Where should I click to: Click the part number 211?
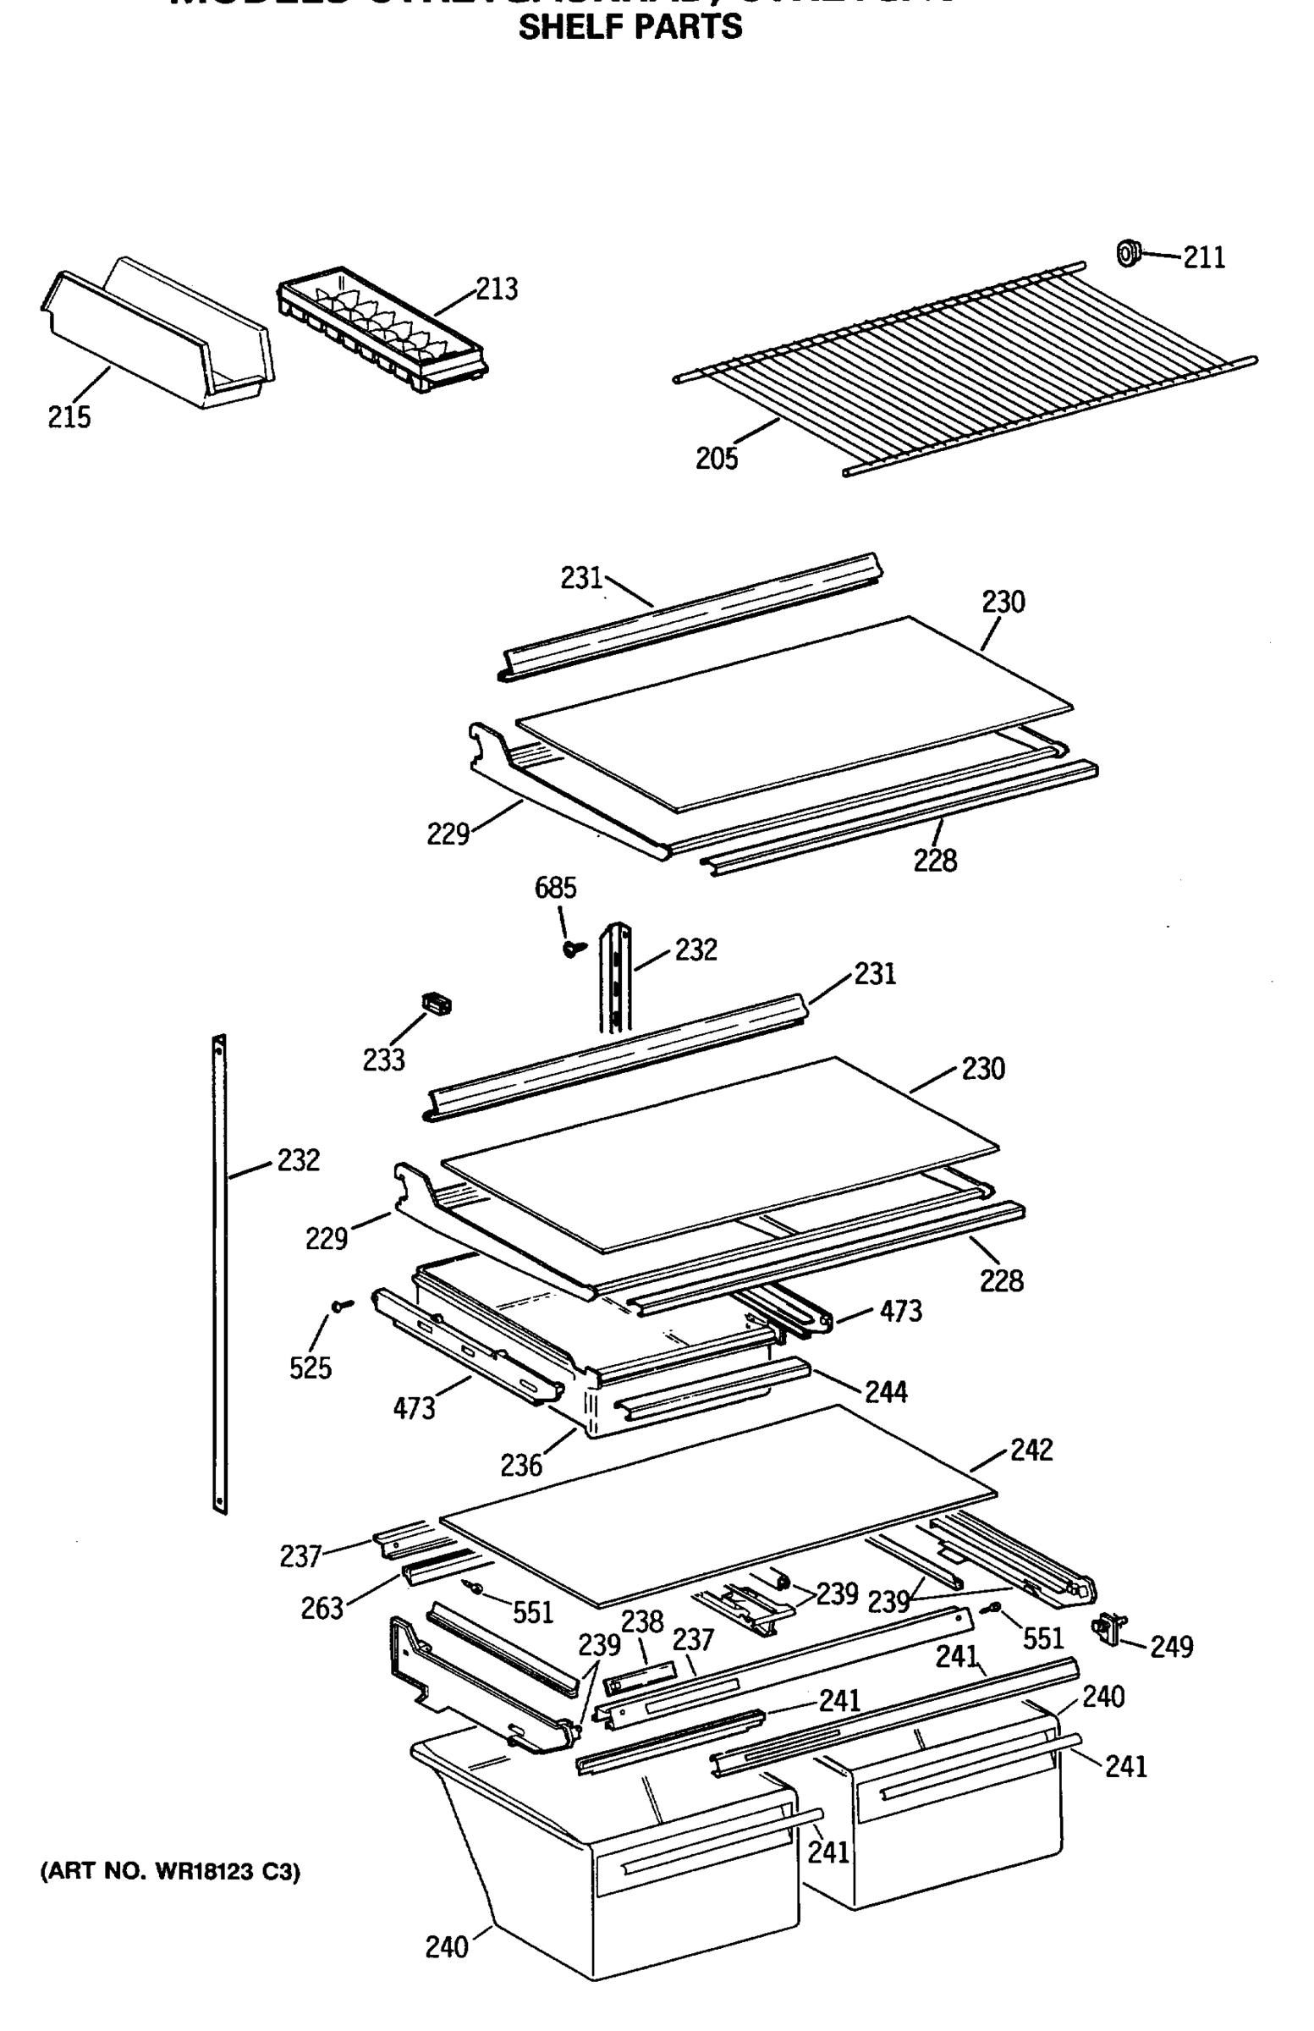click(x=1203, y=258)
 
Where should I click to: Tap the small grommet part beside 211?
click(x=1128, y=253)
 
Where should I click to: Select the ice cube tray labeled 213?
click(x=382, y=328)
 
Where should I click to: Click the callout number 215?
click(x=69, y=417)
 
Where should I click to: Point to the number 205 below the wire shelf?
click(x=716, y=460)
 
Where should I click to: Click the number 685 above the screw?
click(x=554, y=889)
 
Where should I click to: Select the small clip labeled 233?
click(x=437, y=1004)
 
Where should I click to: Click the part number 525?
click(x=310, y=1368)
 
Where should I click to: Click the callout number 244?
click(x=886, y=1393)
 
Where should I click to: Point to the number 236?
click(x=520, y=1465)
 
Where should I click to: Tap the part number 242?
click(x=1031, y=1449)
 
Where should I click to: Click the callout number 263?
click(x=322, y=1609)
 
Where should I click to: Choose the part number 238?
click(x=641, y=1621)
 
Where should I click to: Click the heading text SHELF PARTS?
click(x=630, y=27)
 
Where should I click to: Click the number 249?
click(x=1171, y=1646)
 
